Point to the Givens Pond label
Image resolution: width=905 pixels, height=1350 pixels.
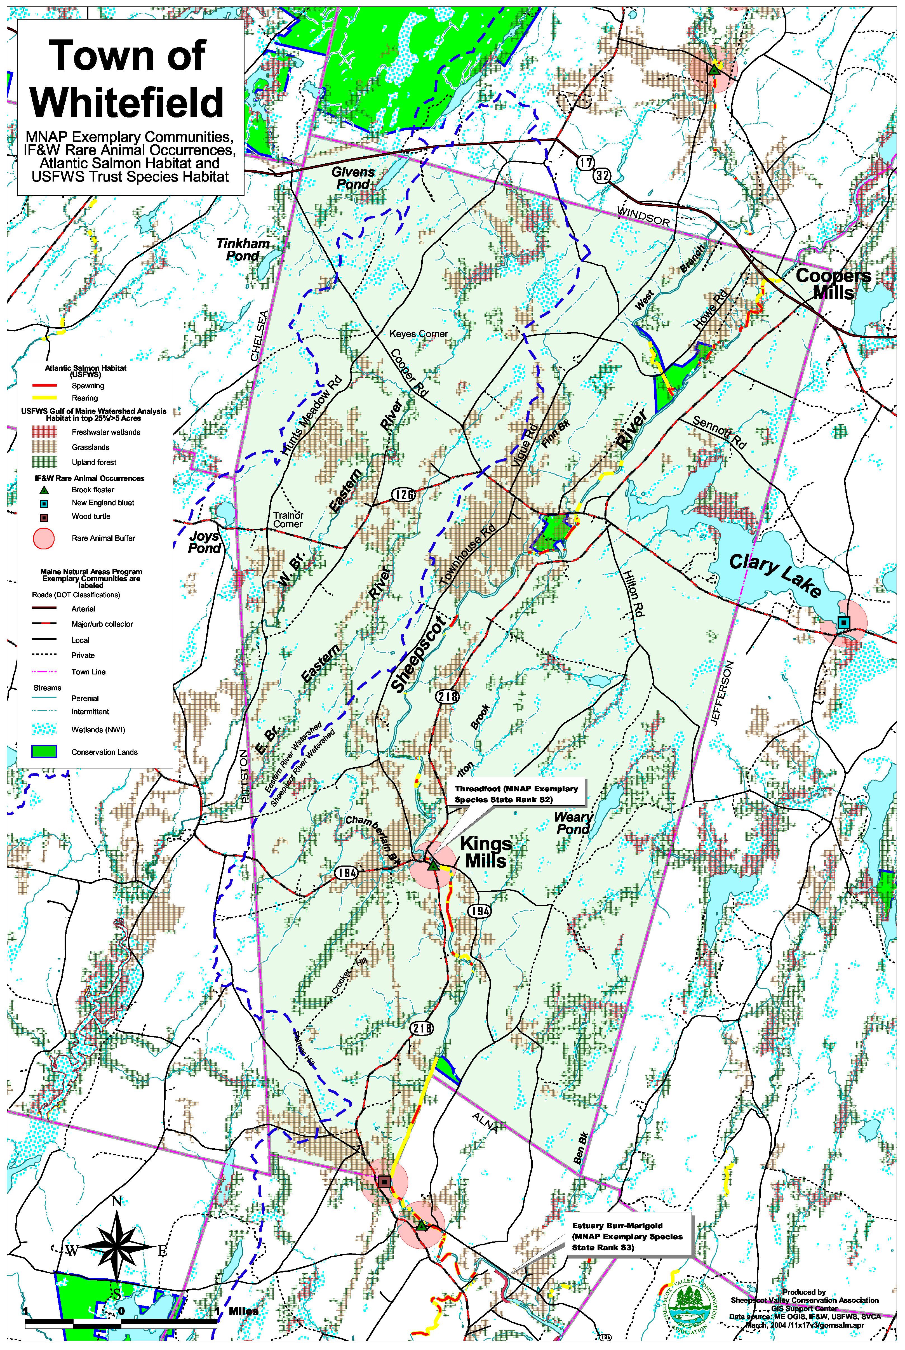353,178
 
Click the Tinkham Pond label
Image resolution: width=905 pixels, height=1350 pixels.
243,249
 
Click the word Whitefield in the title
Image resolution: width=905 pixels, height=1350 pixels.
127,102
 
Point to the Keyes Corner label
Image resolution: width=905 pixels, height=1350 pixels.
419,334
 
